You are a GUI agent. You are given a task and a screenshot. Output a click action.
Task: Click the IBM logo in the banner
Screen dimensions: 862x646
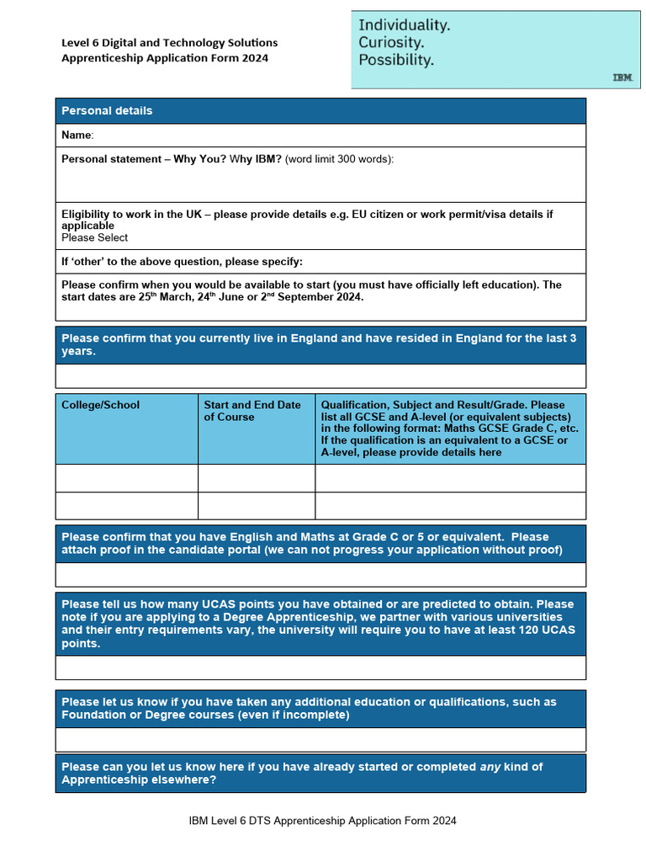622,77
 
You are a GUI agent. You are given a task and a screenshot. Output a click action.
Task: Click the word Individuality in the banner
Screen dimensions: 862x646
404,25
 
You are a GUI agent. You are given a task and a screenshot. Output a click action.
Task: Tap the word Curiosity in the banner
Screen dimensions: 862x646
391,42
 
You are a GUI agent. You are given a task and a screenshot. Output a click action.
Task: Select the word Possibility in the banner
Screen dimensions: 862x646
396,60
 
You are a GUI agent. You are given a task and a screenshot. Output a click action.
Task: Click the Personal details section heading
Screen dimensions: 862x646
107,110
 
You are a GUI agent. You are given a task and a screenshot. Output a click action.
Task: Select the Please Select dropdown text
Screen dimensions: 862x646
94,237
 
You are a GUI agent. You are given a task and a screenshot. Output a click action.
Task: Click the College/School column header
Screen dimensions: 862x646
100,405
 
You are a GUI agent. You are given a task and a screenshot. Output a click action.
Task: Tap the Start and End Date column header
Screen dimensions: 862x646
252,411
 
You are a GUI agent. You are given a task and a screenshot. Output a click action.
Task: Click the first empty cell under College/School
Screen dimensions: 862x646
126,477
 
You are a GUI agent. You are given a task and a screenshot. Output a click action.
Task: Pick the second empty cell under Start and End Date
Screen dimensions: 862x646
257,505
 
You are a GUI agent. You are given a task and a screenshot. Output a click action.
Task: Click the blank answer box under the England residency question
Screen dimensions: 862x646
320,375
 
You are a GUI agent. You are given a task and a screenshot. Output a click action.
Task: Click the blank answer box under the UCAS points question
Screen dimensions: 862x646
320,667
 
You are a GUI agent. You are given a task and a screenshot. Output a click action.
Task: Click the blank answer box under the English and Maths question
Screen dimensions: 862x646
320,574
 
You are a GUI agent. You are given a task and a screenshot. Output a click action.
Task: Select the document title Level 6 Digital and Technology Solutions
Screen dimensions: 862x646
169,42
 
